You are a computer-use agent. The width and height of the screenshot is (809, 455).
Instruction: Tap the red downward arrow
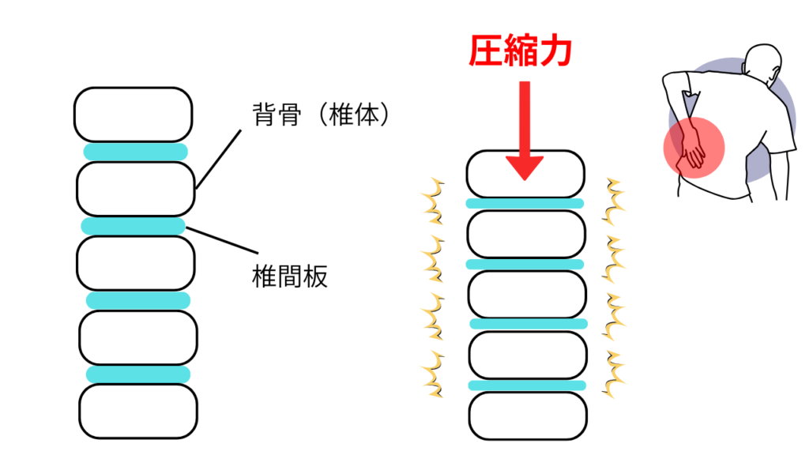tap(525, 130)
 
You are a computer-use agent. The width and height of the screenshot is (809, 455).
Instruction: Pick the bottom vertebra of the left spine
tap(138, 412)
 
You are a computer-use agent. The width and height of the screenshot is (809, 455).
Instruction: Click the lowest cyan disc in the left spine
tap(138, 374)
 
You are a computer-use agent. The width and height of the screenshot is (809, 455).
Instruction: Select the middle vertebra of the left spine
tap(137, 263)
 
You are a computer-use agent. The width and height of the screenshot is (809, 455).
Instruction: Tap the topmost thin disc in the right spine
tap(525, 203)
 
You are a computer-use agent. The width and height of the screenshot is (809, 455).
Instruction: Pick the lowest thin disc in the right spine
tap(528, 385)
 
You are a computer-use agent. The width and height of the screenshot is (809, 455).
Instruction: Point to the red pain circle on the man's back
tap(693, 146)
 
